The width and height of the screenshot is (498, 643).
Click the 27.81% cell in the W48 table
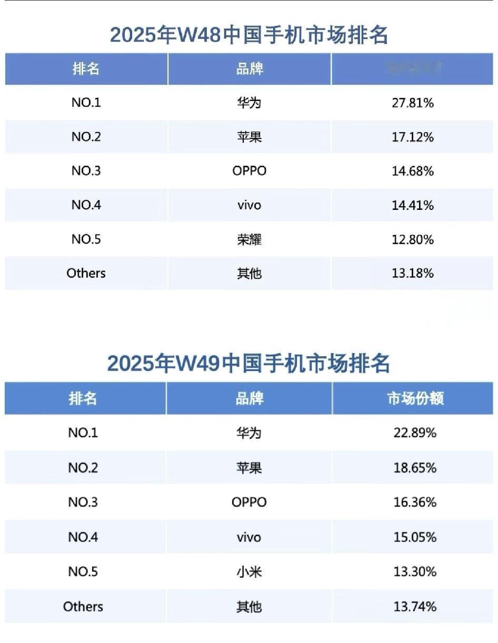[413, 103]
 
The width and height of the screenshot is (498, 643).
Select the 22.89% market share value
[415, 433]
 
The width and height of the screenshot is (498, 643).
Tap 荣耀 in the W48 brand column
[249, 239]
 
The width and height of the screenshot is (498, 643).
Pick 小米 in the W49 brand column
[249, 571]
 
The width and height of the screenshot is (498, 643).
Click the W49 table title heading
[248, 364]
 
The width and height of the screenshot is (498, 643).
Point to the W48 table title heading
[248, 35]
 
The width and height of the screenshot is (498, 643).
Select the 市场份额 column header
[415, 398]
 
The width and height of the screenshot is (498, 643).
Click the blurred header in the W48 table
[413, 68]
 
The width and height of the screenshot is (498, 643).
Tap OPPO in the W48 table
[249, 171]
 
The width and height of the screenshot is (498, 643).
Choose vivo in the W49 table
[249, 537]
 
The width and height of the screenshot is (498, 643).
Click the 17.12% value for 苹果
[413, 137]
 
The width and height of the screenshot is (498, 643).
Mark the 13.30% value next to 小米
[415, 571]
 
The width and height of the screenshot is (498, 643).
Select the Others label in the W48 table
[86, 273]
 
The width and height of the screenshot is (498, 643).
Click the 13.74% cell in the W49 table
[415, 606]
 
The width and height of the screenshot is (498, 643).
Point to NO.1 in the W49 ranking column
[83, 433]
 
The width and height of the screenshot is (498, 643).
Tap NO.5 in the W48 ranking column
[86, 239]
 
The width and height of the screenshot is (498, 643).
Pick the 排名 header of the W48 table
[86, 68]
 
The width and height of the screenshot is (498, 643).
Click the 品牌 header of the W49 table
[249, 398]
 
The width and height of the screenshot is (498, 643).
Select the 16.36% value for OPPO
[415, 502]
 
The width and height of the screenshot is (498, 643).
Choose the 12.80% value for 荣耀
[413, 239]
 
